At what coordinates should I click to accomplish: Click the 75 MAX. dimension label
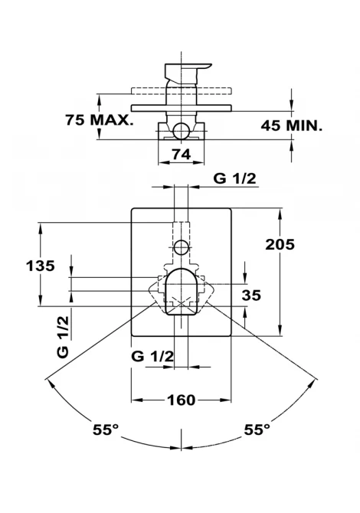point(99,120)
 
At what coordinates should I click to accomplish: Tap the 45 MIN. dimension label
point(291,126)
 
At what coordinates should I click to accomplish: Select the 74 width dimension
point(182,154)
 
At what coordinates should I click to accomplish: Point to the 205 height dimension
point(280,244)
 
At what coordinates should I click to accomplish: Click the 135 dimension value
point(41,266)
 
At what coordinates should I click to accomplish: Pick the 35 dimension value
point(251,295)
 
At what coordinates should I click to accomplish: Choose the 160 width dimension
point(181,400)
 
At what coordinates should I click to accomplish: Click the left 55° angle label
point(106,430)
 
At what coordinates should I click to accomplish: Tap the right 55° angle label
point(257,430)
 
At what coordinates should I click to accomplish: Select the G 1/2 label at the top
point(234,178)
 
